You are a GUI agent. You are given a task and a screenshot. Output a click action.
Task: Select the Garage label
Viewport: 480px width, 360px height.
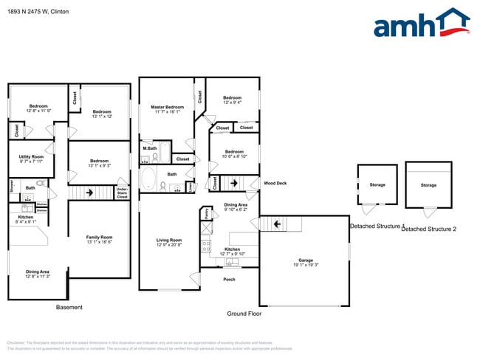pyautogui.click(x=305, y=260)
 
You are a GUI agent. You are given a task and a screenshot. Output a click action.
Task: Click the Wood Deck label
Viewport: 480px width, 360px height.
pyautogui.click(x=276, y=183)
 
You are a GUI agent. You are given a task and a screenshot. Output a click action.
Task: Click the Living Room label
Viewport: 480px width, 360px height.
pyautogui.click(x=168, y=240)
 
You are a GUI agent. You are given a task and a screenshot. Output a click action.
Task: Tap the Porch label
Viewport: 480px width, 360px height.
pyautogui.click(x=229, y=280)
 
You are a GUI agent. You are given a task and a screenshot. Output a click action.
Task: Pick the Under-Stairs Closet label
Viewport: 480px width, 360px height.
pyautogui.click(x=123, y=193)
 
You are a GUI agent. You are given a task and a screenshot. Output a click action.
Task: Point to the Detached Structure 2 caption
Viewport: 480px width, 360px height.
pyautogui.click(x=428, y=229)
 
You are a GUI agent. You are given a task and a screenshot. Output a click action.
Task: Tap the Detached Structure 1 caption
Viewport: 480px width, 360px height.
pyautogui.click(x=377, y=226)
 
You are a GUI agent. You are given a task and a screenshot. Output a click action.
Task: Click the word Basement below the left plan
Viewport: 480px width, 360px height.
pyautogui.click(x=69, y=308)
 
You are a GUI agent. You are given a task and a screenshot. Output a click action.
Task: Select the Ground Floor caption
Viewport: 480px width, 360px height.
pyautogui.click(x=244, y=313)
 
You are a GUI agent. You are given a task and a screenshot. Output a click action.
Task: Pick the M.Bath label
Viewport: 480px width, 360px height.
pyautogui.click(x=149, y=148)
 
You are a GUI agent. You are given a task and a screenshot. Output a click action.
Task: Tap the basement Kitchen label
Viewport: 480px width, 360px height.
pyautogui.click(x=26, y=218)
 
